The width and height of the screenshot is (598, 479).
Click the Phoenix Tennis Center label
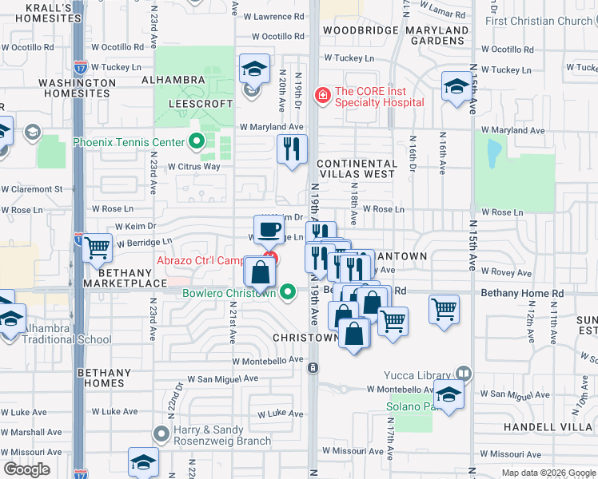point(130,143)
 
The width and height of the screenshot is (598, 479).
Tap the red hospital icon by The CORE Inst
point(322,96)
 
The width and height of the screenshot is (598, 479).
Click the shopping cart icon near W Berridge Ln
point(98,247)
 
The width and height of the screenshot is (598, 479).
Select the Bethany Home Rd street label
point(522,293)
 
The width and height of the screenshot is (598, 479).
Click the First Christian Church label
point(539,21)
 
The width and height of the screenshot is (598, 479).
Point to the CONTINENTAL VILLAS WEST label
point(356,168)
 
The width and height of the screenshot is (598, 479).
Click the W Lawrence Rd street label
point(277,16)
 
